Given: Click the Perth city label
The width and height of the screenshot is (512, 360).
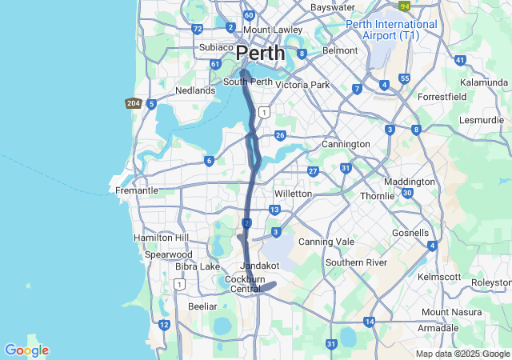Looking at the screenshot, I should point(260,53).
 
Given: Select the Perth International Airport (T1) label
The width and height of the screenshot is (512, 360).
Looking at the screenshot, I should point(392,30).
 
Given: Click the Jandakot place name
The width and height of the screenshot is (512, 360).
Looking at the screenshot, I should point(258,265).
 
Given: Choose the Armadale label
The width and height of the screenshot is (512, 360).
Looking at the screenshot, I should point(438,328).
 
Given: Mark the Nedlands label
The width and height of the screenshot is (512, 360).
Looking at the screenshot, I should point(196,90).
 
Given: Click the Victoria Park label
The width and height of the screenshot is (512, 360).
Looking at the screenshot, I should point(302,84).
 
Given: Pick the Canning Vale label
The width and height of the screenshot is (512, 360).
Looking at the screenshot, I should point(326,242).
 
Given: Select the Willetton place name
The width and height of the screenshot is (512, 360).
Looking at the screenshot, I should point(293,194).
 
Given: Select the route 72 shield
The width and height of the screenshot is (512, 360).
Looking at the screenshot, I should point(198,29).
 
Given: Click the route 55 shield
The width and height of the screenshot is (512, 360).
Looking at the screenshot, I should point(405,78).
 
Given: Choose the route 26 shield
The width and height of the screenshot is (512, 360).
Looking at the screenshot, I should point(280,135).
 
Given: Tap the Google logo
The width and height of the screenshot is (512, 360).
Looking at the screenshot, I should point(26,350).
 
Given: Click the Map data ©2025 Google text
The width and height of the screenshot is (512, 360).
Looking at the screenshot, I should point(462,354).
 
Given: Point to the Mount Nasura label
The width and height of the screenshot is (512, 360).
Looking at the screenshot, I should point(447,312).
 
